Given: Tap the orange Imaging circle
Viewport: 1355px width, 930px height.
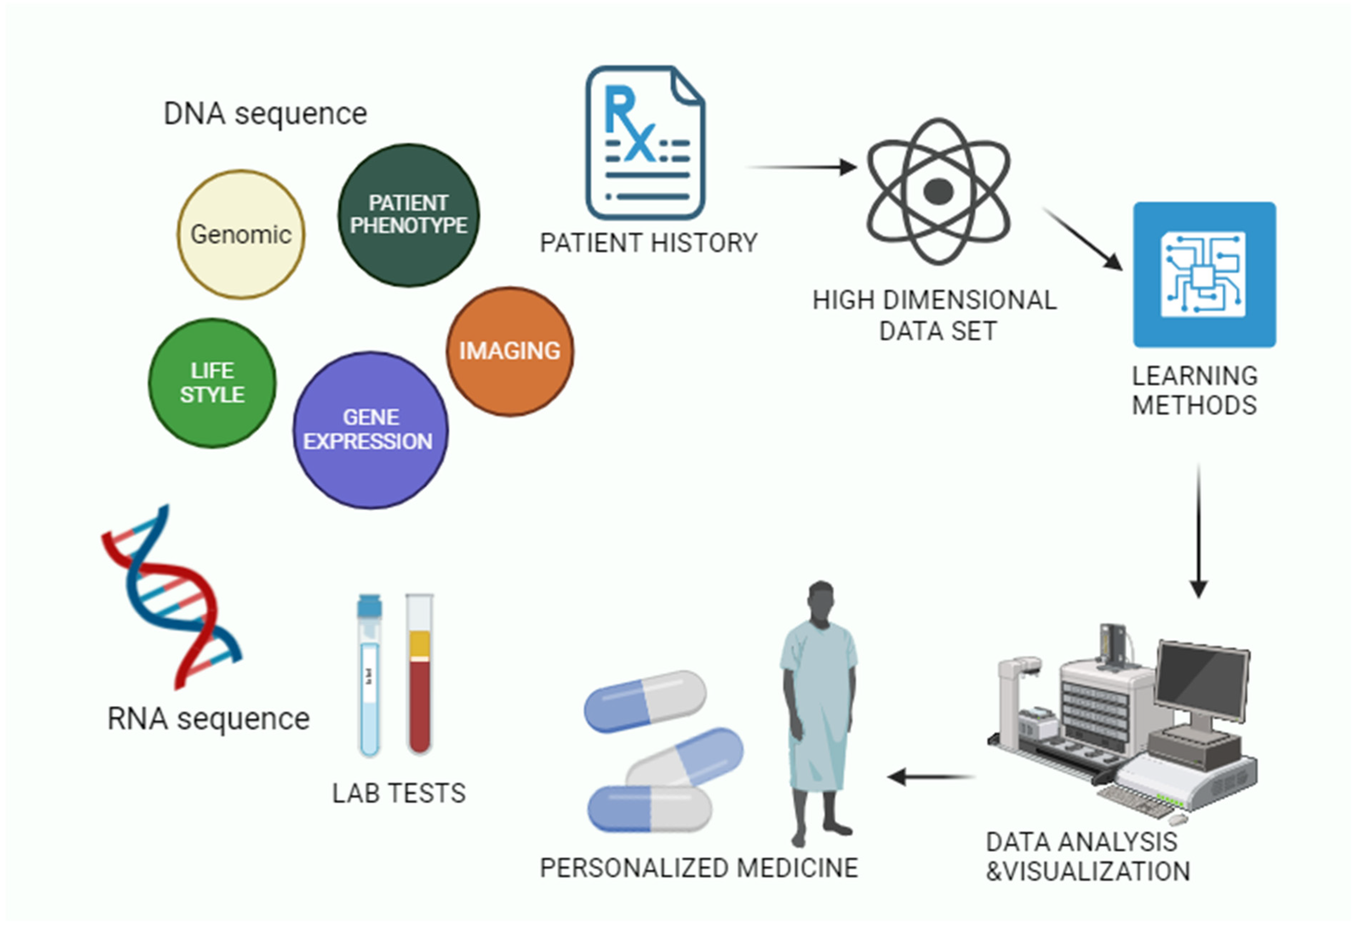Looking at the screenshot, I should [x=510, y=351].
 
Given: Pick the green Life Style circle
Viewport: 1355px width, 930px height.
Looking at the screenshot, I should [x=212, y=383].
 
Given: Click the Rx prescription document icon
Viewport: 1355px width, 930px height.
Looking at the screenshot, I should [x=645, y=143].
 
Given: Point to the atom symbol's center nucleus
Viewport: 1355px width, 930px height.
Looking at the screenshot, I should [x=938, y=191].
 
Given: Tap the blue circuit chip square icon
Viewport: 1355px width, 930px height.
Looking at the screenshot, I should [x=1204, y=274].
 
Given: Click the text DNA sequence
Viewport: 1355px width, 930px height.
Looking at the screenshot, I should [x=265, y=114].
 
